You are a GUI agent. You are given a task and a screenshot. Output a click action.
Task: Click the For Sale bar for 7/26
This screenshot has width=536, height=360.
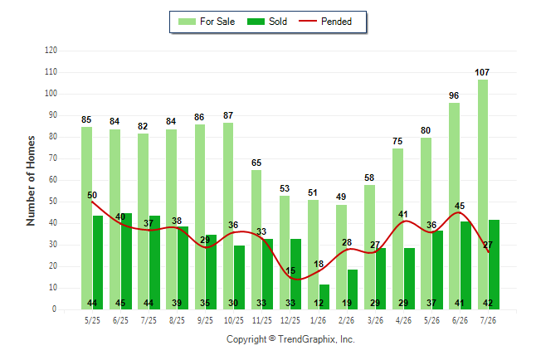click(483, 195)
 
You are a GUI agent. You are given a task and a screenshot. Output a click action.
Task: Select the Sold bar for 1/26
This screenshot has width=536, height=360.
click(324, 297)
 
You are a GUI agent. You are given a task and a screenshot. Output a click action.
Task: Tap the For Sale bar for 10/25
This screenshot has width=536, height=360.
click(228, 216)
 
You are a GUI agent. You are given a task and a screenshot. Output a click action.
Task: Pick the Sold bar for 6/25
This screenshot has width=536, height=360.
click(126, 261)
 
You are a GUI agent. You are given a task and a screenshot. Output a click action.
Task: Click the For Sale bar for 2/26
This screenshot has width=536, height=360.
click(341, 257)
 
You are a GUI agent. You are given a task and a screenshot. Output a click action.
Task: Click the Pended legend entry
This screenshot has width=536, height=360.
click(325, 22)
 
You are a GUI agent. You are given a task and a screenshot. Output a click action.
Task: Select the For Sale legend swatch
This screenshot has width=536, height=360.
click(187, 22)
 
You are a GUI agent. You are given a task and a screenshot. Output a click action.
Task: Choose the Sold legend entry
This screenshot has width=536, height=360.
click(267, 22)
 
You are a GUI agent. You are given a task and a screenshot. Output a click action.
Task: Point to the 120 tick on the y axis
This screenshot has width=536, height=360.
click(51, 51)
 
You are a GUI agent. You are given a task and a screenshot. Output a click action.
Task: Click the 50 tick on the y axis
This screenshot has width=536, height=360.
click(52, 202)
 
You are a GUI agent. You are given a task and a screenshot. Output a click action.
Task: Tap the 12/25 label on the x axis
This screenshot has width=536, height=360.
click(290, 320)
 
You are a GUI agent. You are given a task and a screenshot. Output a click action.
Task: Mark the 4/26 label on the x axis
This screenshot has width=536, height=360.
click(403, 320)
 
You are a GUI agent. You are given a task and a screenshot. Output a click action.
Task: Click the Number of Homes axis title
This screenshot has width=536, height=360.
click(31, 181)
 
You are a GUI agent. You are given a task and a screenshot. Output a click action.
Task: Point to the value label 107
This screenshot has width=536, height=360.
click(482, 72)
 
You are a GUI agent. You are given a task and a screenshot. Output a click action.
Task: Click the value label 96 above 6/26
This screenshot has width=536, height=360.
click(454, 95)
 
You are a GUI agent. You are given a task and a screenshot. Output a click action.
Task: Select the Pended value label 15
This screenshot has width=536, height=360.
click(290, 270)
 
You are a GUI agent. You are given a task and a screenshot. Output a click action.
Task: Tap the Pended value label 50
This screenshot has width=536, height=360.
click(92, 195)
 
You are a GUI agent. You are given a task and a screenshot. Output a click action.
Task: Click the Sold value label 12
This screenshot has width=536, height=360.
click(319, 303)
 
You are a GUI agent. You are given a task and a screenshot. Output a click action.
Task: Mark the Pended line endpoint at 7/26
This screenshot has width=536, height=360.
click(489, 252)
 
